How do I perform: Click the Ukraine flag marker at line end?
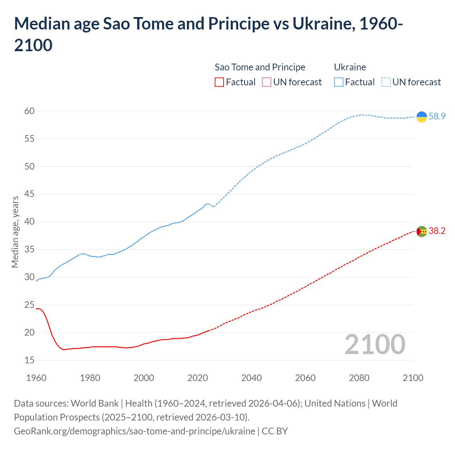point(422,117)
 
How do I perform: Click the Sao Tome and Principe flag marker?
point(422,231)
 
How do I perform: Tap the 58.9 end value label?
point(437,117)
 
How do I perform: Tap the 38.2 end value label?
point(437,231)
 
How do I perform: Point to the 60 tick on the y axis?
point(30,111)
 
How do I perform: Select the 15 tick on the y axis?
point(30,360)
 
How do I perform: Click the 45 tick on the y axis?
point(30,194)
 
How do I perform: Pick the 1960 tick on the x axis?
point(36,378)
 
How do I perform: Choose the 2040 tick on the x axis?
point(251,378)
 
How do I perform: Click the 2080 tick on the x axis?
point(359,378)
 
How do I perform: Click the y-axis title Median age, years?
point(15,232)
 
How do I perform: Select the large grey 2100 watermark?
point(375,344)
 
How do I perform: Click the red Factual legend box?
point(219,82)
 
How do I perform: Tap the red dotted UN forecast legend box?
point(267,82)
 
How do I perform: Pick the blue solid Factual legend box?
point(339,82)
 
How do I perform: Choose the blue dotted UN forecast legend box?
point(386,82)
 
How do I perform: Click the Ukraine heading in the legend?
point(350,67)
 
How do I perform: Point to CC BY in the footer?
point(274,431)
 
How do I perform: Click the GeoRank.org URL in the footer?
point(134,431)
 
